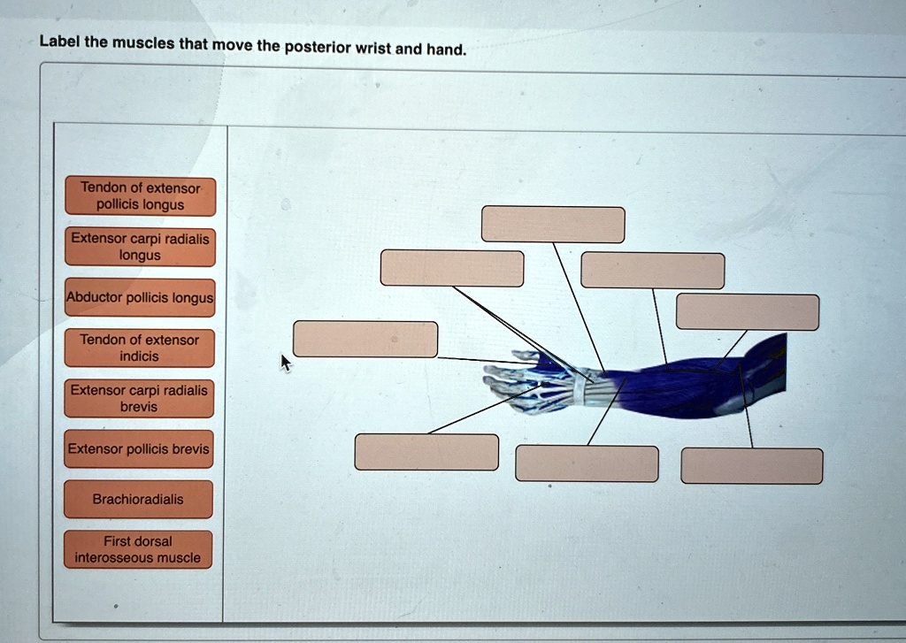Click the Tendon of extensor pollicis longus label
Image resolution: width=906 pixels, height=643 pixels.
point(140,196)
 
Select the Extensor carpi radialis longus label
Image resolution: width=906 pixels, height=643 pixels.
point(140,247)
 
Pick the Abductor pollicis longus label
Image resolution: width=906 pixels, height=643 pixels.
point(140,298)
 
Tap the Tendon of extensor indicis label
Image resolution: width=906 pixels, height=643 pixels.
point(140,348)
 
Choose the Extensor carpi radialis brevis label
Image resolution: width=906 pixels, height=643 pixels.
point(140,398)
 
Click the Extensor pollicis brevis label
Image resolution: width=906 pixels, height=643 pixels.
point(140,449)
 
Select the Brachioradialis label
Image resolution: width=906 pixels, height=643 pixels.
point(138,500)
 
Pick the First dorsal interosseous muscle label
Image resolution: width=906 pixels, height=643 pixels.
point(138,549)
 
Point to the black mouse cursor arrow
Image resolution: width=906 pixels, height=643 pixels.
point(285,362)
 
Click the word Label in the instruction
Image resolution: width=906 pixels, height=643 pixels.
point(59,42)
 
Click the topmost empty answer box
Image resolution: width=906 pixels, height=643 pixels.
point(553,225)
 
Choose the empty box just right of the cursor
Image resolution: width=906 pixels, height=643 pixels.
point(365,340)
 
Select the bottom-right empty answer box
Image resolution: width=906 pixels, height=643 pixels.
point(751,466)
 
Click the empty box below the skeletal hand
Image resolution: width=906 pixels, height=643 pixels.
point(426,452)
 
